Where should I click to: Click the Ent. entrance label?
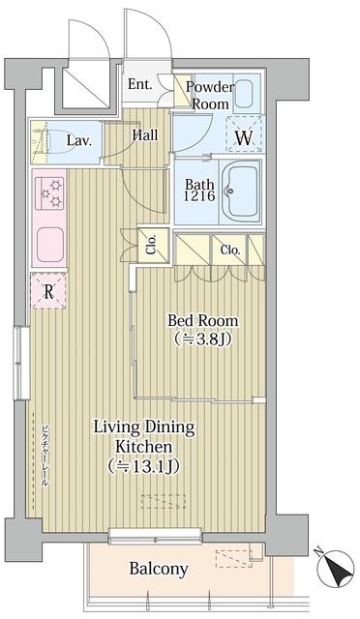(x=139, y=84)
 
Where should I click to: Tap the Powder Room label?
(x=210, y=94)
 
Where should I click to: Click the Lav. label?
(x=79, y=141)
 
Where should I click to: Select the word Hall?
(x=145, y=135)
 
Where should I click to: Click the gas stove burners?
(x=49, y=193)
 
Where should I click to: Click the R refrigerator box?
(x=46, y=289)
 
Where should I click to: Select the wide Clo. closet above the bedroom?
(x=229, y=249)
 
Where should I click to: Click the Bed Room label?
(x=202, y=320)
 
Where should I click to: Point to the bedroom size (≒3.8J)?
(x=202, y=339)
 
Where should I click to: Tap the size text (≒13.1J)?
(x=143, y=467)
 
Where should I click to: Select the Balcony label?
(x=159, y=569)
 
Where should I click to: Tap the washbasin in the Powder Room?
(x=242, y=95)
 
